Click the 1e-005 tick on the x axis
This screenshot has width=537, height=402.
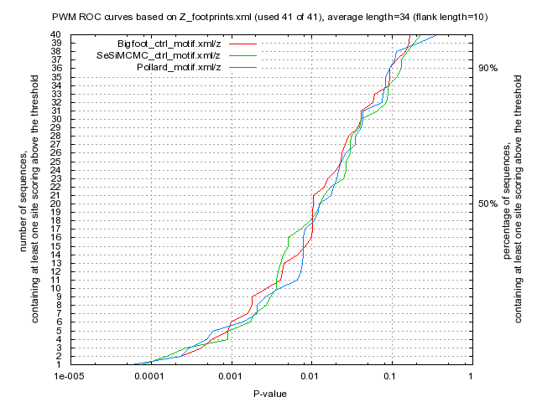[69, 376]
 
